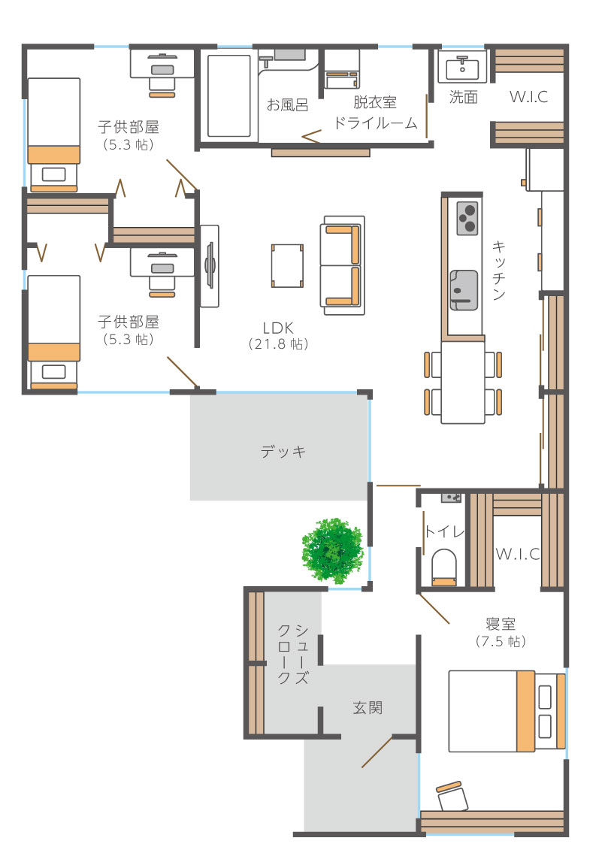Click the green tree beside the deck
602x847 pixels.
tap(332, 551)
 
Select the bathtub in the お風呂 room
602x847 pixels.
tap(229, 95)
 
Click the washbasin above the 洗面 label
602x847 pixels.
tap(462, 67)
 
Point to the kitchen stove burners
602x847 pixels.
tap(467, 218)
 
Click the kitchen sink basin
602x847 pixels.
tap(464, 290)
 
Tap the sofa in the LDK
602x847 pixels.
tap(342, 265)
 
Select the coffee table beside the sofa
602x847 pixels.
tap(288, 266)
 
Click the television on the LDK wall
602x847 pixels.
tap(210, 266)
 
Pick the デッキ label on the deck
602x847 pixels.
tap(283, 451)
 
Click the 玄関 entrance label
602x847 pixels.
tap(368, 708)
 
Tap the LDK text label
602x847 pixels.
tap(278, 328)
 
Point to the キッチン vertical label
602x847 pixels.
tap(498, 270)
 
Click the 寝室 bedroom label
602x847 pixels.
tap(501, 624)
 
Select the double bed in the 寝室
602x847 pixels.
tap(507, 712)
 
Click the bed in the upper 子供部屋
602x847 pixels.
tap(53, 135)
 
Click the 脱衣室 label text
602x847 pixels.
tap(375, 102)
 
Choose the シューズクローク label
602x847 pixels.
tap(293, 654)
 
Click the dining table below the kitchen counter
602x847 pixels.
tap(463, 383)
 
